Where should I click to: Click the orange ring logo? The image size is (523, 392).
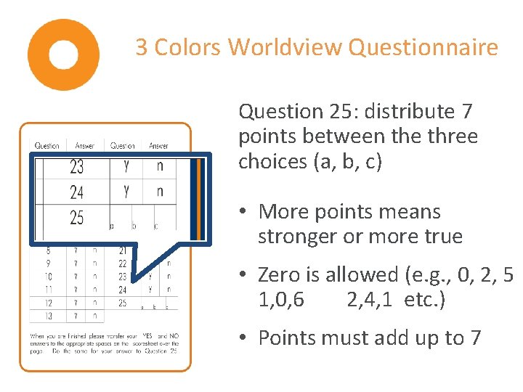coord(63,54)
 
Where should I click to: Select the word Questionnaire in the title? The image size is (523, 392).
coord(423,48)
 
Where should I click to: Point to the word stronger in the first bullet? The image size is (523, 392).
coord(298,237)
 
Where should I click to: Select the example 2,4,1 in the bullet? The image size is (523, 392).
coord(371,300)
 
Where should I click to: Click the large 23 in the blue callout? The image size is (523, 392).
coord(76,168)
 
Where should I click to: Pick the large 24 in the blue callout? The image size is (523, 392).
coord(76,192)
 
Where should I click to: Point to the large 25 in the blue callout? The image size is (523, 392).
coord(76,217)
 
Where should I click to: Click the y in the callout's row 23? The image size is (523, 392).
coord(126,166)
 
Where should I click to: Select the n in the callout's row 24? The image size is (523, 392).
coord(160,192)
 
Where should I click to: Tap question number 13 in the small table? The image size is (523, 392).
coord(47,316)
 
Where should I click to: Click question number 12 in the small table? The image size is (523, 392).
coord(47,303)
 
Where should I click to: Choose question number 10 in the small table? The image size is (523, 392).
coord(47,277)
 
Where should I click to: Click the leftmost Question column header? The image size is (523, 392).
coord(48,146)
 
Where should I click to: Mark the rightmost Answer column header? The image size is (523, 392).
coord(158,146)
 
